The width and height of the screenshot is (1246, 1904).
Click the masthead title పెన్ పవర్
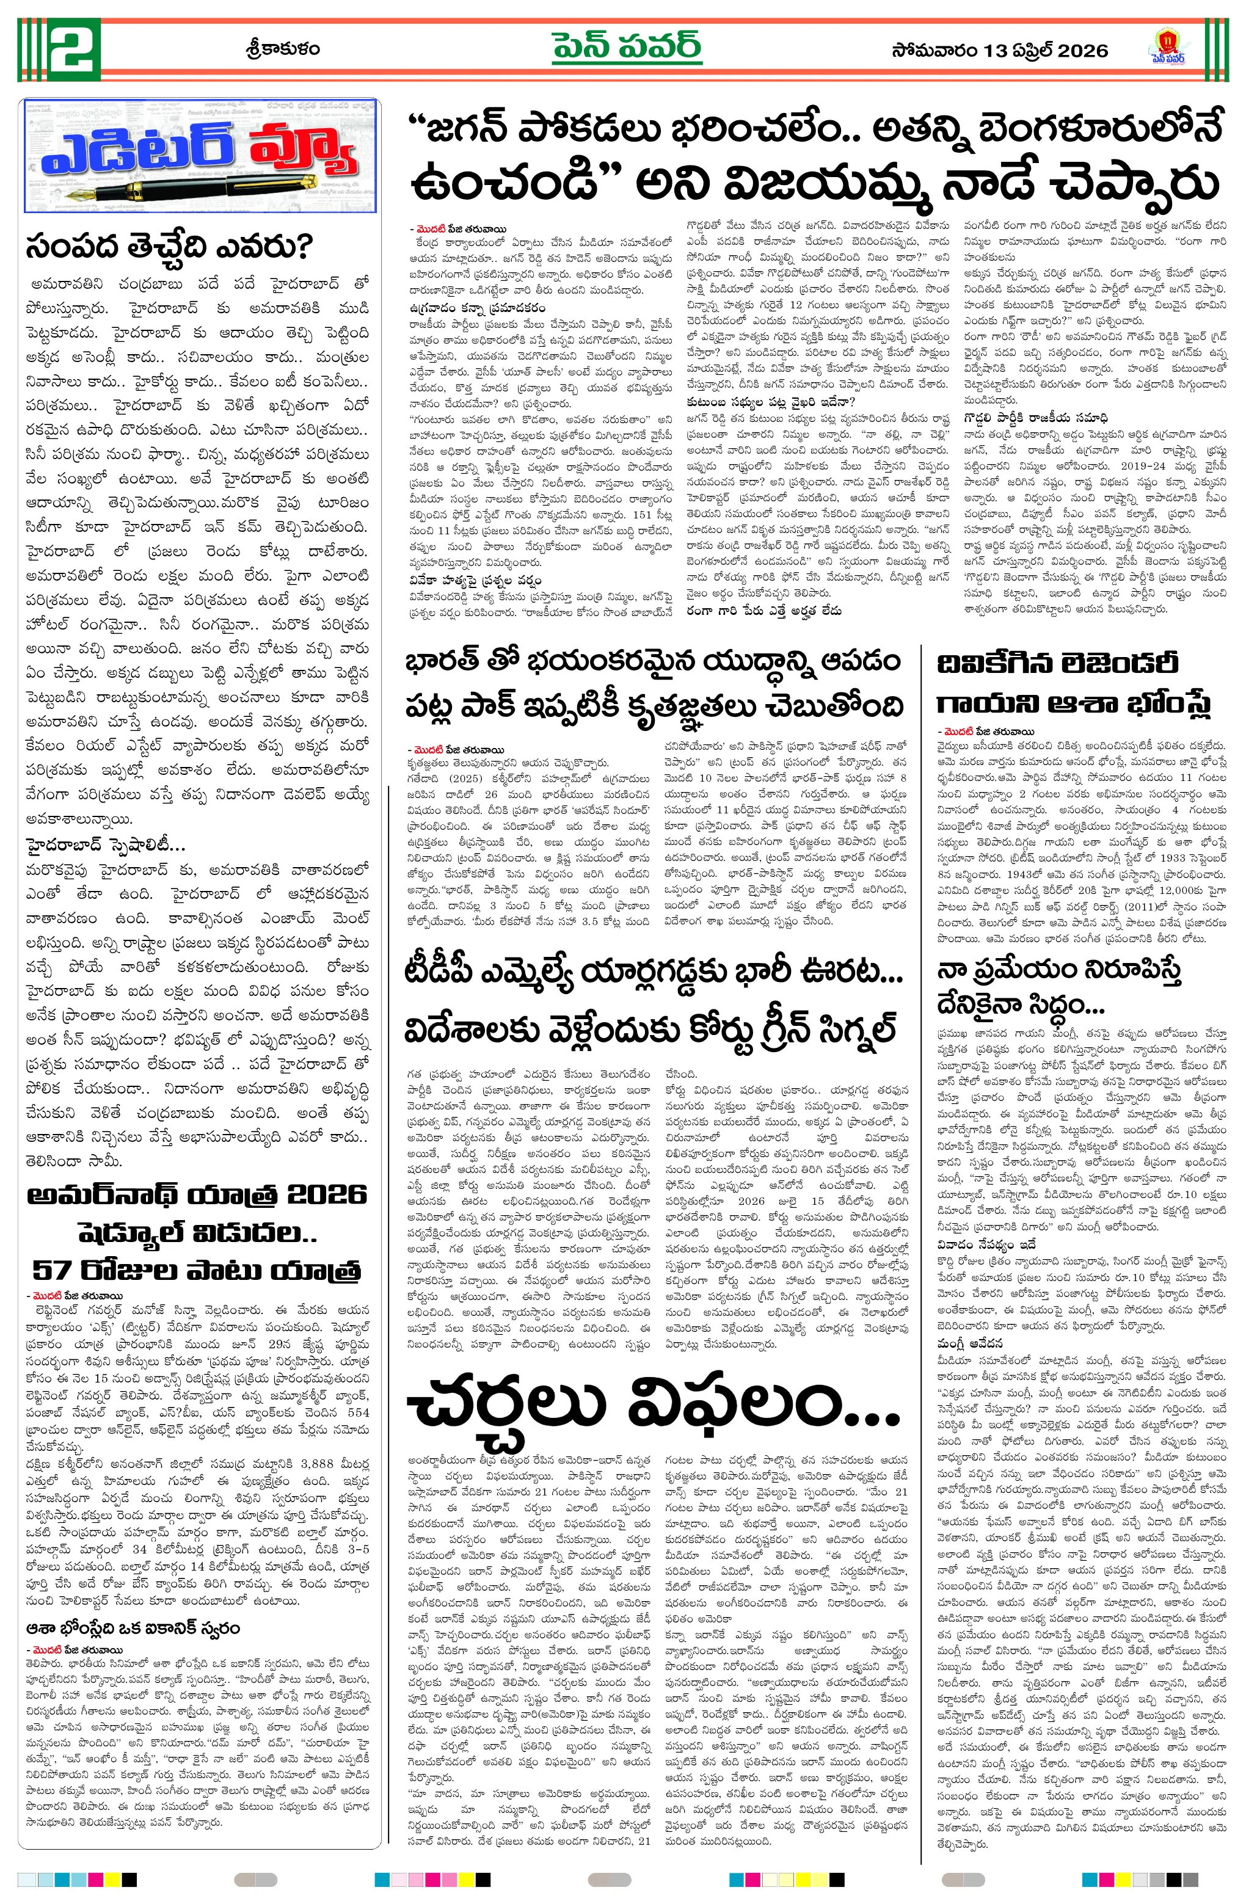tap(627, 48)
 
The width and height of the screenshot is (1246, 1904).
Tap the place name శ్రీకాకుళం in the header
tap(283, 49)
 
